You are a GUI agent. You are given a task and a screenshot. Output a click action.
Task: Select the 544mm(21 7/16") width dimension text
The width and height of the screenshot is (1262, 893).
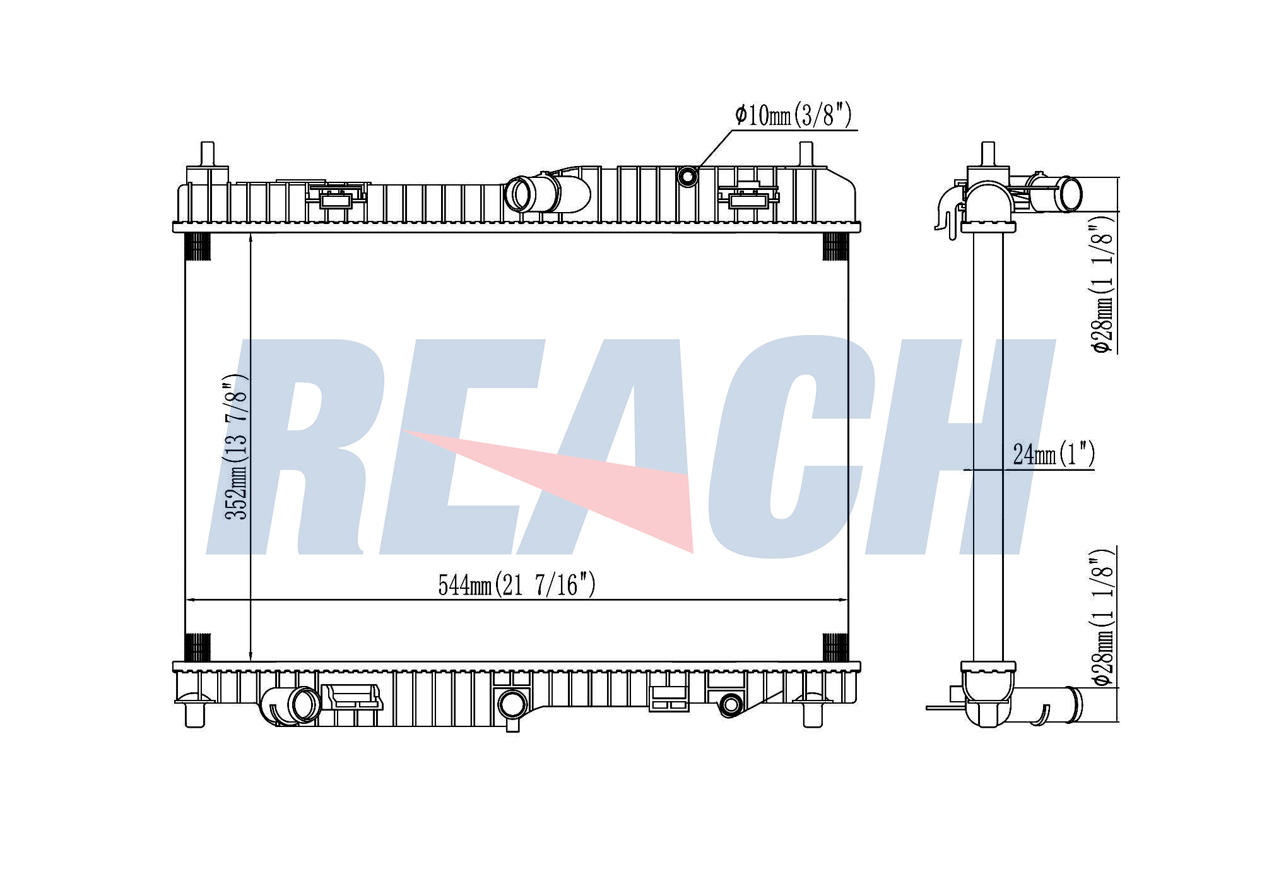coord(516,584)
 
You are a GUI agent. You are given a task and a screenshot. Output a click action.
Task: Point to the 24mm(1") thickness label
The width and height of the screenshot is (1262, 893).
coord(1053,454)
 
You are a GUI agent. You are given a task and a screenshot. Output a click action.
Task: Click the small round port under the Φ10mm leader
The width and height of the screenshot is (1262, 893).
coord(687,176)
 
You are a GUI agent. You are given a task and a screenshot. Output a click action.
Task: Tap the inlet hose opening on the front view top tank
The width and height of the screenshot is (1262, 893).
coord(519,194)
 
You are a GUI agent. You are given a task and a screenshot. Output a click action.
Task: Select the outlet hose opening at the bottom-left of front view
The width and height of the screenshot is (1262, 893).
coord(305,705)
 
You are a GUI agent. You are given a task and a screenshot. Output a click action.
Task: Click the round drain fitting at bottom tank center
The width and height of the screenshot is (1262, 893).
coord(512,704)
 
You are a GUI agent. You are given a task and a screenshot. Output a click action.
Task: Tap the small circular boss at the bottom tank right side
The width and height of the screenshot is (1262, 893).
coord(730,704)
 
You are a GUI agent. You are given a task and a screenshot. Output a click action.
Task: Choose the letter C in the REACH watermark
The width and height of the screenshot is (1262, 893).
coord(789,448)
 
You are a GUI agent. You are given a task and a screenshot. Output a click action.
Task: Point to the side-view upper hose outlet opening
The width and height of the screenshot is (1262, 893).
coord(1070,194)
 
